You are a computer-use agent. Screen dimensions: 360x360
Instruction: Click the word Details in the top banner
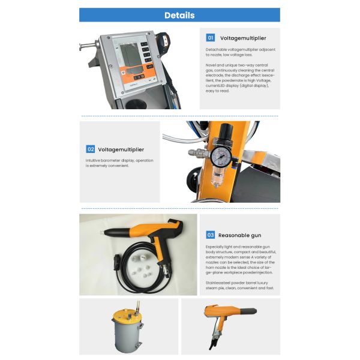click(x=179, y=15)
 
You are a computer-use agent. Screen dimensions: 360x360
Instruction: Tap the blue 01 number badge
click(x=211, y=38)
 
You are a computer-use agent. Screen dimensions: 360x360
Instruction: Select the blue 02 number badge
click(x=91, y=149)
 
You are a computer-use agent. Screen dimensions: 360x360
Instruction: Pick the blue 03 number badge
click(x=211, y=235)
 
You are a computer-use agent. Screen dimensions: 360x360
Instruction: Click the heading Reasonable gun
click(x=239, y=235)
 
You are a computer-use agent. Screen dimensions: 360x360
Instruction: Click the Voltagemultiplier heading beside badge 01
click(x=243, y=38)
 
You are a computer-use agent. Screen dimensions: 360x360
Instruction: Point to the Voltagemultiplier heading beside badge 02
click(x=121, y=149)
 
